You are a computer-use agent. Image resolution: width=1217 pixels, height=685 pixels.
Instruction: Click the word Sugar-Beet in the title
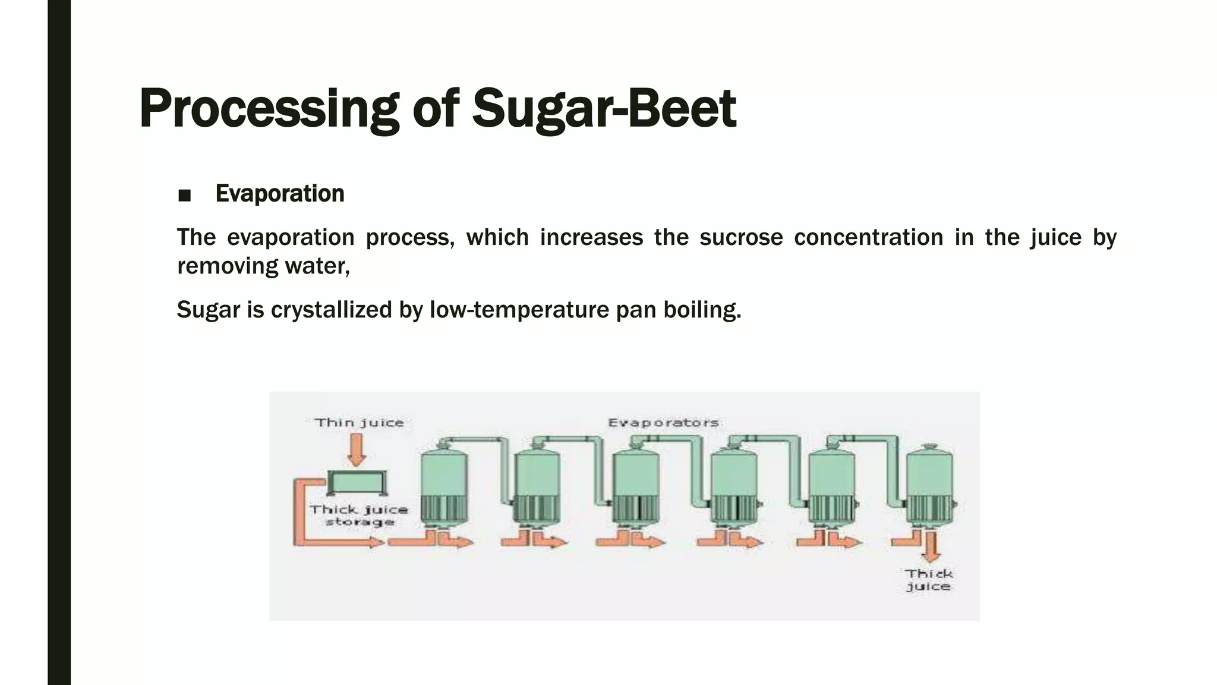tap(604, 109)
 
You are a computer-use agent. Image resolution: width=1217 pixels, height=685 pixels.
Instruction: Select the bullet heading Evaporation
tap(280, 194)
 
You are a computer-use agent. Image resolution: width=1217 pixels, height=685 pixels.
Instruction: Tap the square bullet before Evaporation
tap(184, 196)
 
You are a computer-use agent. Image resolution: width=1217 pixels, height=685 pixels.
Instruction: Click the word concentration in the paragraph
tap(868, 237)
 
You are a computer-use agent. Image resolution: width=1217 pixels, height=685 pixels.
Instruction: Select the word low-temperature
tap(519, 310)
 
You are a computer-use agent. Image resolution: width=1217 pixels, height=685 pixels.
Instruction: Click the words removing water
tap(263, 266)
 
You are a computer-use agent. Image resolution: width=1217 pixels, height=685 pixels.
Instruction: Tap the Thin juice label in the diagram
tap(359, 423)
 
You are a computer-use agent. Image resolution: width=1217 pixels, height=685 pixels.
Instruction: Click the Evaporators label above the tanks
tap(663, 423)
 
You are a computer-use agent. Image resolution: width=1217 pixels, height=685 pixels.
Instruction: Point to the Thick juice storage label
tap(359, 516)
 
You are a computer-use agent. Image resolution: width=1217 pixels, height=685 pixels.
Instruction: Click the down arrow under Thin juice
tap(357, 450)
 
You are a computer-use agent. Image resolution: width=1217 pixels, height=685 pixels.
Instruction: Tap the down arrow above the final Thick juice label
tap(931, 547)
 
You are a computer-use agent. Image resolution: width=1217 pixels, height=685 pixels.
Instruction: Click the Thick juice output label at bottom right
tap(928, 580)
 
